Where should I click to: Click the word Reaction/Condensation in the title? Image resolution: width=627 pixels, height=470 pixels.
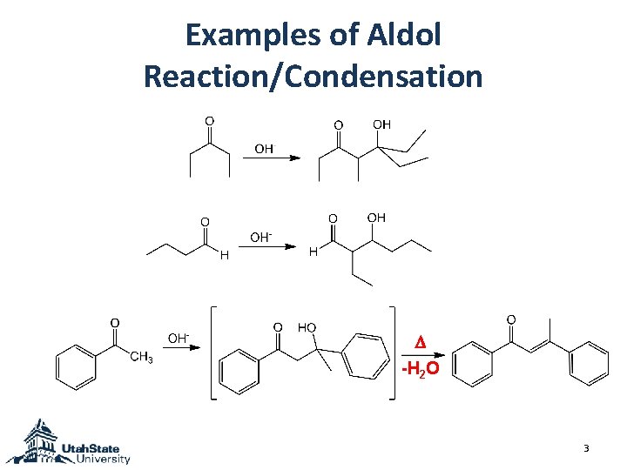pyautogui.click(x=313, y=76)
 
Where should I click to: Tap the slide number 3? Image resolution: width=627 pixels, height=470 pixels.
pyautogui.click(x=586, y=449)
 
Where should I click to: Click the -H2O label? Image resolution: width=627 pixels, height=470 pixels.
pyautogui.click(x=421, y=369)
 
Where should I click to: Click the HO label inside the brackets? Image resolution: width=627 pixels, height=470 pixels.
pyautogui.click(x=307, y=327)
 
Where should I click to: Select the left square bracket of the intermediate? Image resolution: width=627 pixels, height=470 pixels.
pyautogui.click(x=212, y=352)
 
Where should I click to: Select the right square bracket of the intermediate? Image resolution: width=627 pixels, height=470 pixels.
pyautogui.click(x=393, y=352)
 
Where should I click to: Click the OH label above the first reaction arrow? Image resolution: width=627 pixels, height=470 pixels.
pyautogui.click(x=264, y=149)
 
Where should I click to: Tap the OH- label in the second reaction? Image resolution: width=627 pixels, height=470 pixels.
pyautogui.click(x=260, y=237)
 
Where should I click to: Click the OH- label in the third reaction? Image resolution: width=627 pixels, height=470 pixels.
pyautogui.click(x=179, y=338)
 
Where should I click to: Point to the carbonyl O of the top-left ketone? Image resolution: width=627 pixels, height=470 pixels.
pyautogui.click(x=209, y=120)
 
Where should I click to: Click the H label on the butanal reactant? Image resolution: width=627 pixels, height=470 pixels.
pyautogui.click(x=224, y=255)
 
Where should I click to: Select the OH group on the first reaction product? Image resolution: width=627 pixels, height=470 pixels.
pyautogui.click(x=381, y=125)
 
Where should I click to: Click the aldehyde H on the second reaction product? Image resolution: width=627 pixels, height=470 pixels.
pyautogui.click(x=313, y=252)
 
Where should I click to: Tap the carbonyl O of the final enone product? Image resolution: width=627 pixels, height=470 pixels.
pyautogui.click(x=510, y=320)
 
